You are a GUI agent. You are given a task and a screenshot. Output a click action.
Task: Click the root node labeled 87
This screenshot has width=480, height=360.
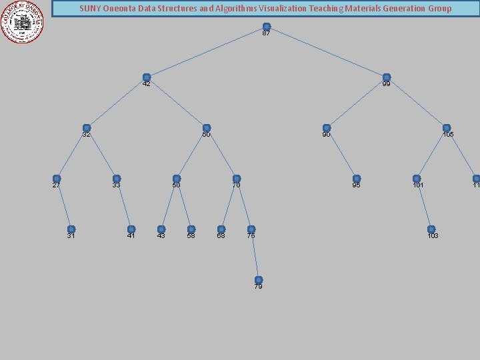267,27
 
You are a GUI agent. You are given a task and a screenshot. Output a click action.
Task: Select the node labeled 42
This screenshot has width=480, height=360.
147,77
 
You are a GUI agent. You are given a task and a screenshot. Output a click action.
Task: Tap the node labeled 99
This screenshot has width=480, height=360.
387,77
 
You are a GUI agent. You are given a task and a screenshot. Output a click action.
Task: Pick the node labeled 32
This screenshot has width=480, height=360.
87,128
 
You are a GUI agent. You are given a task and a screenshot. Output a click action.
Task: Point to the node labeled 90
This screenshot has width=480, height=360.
327,128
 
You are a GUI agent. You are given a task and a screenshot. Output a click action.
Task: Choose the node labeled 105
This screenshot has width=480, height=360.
447,128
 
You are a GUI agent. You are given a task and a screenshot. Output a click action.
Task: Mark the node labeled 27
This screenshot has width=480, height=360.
57,179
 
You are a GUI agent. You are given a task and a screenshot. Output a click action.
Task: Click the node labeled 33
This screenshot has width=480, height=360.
117,179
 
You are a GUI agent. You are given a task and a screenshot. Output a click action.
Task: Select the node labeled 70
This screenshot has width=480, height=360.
237,179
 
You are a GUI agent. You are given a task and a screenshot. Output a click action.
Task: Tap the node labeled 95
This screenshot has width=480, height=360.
357,179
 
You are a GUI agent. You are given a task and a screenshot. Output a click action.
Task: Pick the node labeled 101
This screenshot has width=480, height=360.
417,179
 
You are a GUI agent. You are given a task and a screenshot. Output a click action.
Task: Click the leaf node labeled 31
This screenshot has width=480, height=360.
71,229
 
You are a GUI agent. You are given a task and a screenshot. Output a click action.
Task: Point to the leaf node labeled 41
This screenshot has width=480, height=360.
131,229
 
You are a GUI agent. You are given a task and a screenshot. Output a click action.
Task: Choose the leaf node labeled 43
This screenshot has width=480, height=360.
161,229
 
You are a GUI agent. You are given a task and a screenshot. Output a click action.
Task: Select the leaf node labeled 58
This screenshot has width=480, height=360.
191,229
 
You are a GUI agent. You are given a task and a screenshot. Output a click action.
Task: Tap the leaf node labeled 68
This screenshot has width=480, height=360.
221,229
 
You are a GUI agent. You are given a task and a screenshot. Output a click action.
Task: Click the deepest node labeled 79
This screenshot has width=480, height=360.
259,280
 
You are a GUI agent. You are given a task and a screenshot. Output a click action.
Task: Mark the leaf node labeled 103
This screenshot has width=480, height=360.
431,229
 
